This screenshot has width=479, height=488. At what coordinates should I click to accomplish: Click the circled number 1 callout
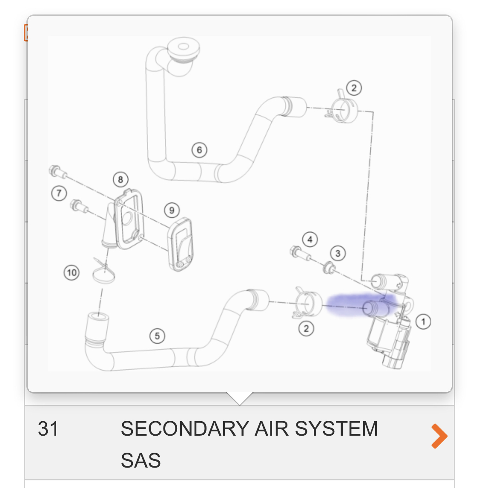click(x=423, y=322)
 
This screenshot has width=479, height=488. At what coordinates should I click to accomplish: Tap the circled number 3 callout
click(x=338, y=254)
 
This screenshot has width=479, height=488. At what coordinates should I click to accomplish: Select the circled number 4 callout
click(x=310, y=240)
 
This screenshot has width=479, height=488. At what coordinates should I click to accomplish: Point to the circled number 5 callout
click(x=157, y=336)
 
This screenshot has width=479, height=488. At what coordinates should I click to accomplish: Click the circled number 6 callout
click(x=199, y=150)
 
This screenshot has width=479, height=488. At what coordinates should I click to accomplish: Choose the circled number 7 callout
click(x=59, y=194)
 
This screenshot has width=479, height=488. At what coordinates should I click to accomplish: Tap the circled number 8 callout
click(x=120, y=180)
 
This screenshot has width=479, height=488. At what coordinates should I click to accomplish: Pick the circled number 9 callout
click(x=172, y=210)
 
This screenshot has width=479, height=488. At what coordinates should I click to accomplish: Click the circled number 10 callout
click(x=72, y=272)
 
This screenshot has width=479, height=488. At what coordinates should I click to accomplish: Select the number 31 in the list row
click(x=48, y=429)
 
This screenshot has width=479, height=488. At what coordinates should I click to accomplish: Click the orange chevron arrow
click(x=439, y=436)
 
